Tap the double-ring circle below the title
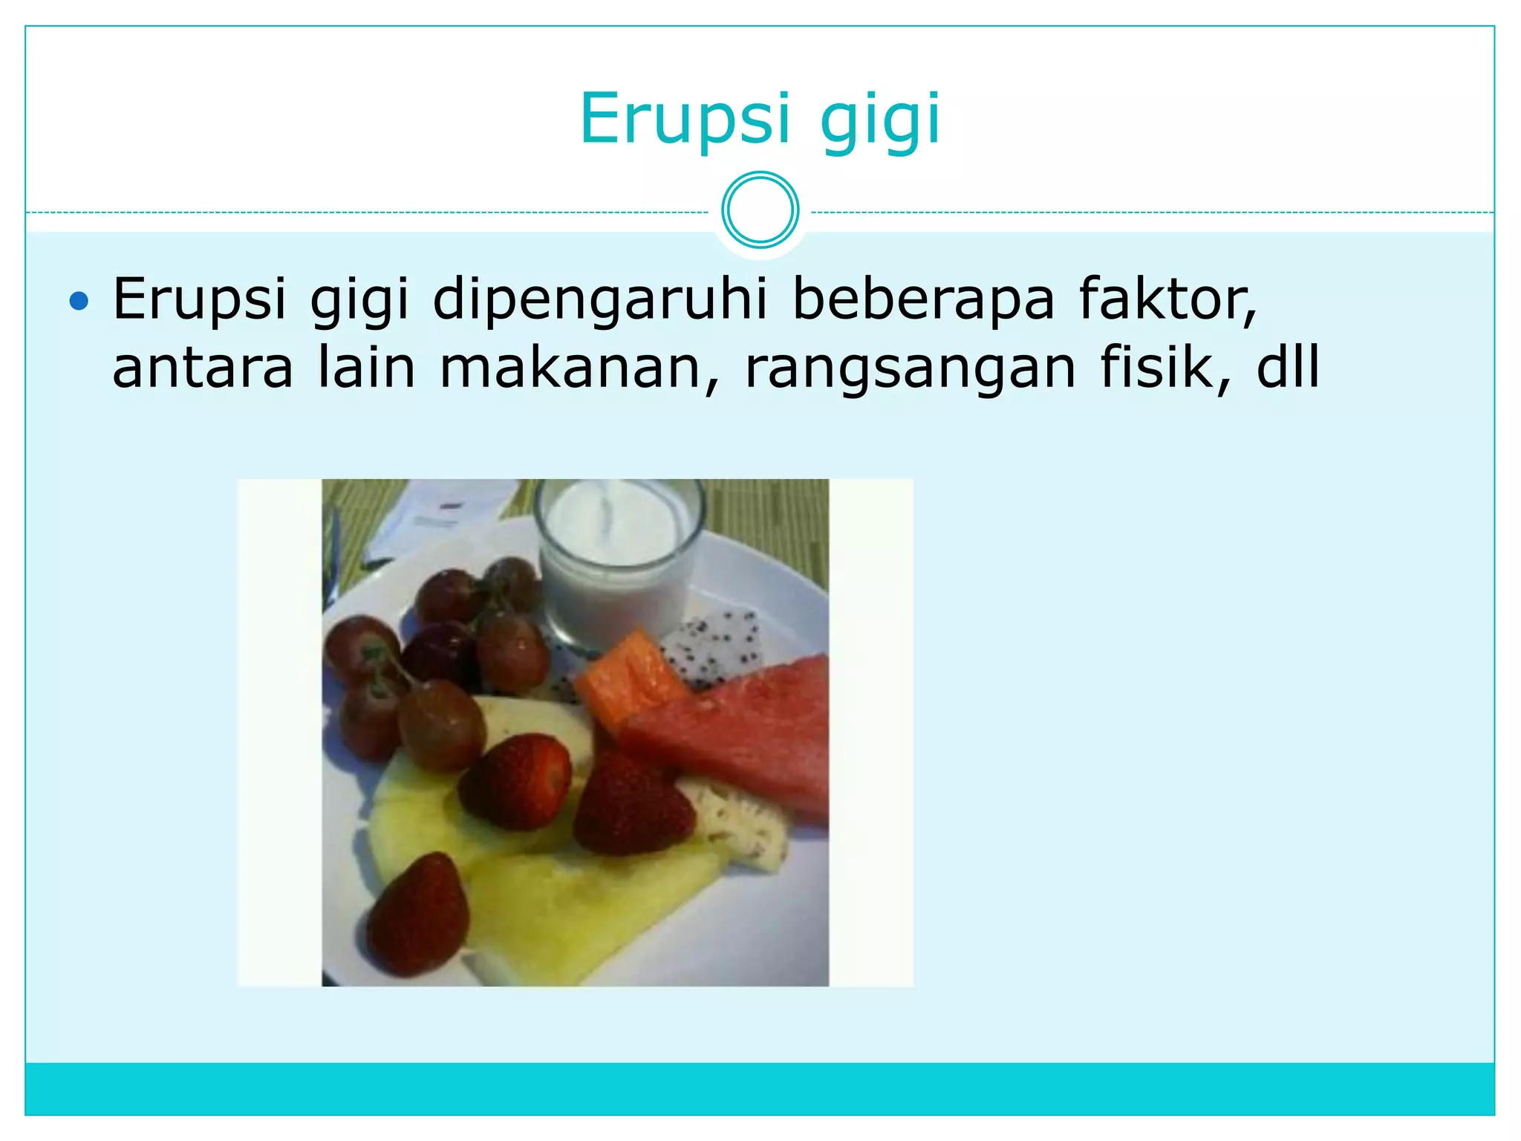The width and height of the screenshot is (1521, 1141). coord(760,210)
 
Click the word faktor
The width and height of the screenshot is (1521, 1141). coord(1167,299)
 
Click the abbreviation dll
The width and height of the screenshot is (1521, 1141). coord(1288,368)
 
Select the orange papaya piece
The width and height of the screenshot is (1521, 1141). coord(628,680)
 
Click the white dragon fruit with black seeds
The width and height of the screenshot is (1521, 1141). coord(713,643)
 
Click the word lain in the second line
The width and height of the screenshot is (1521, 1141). coord(366,368)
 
